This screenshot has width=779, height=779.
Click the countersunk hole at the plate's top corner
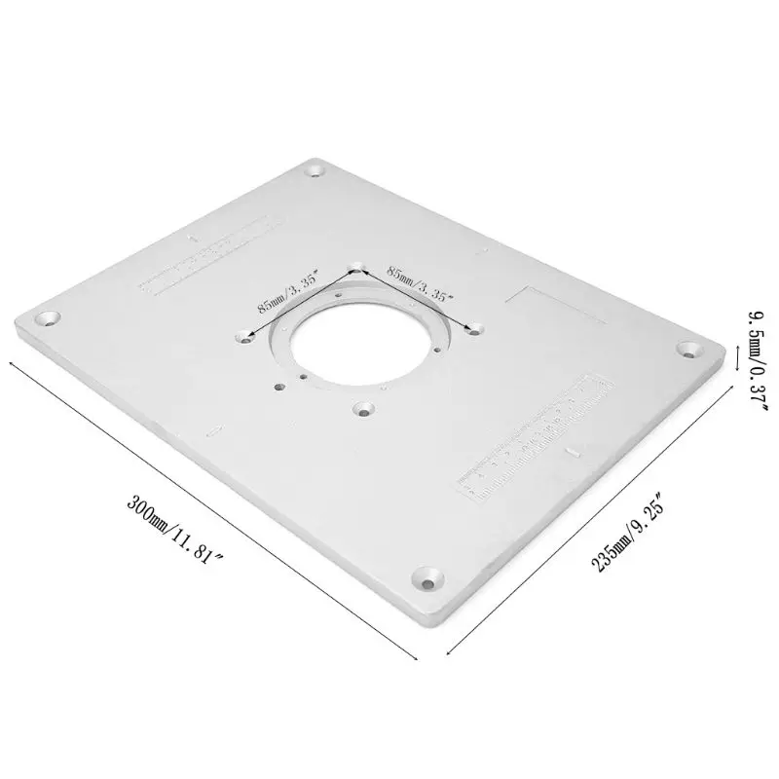click(315, 171)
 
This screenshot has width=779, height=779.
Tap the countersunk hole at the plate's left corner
click(46, 318)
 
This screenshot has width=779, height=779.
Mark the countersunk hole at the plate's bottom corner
click(427, 580)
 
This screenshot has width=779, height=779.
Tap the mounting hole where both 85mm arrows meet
click(356, 266)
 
